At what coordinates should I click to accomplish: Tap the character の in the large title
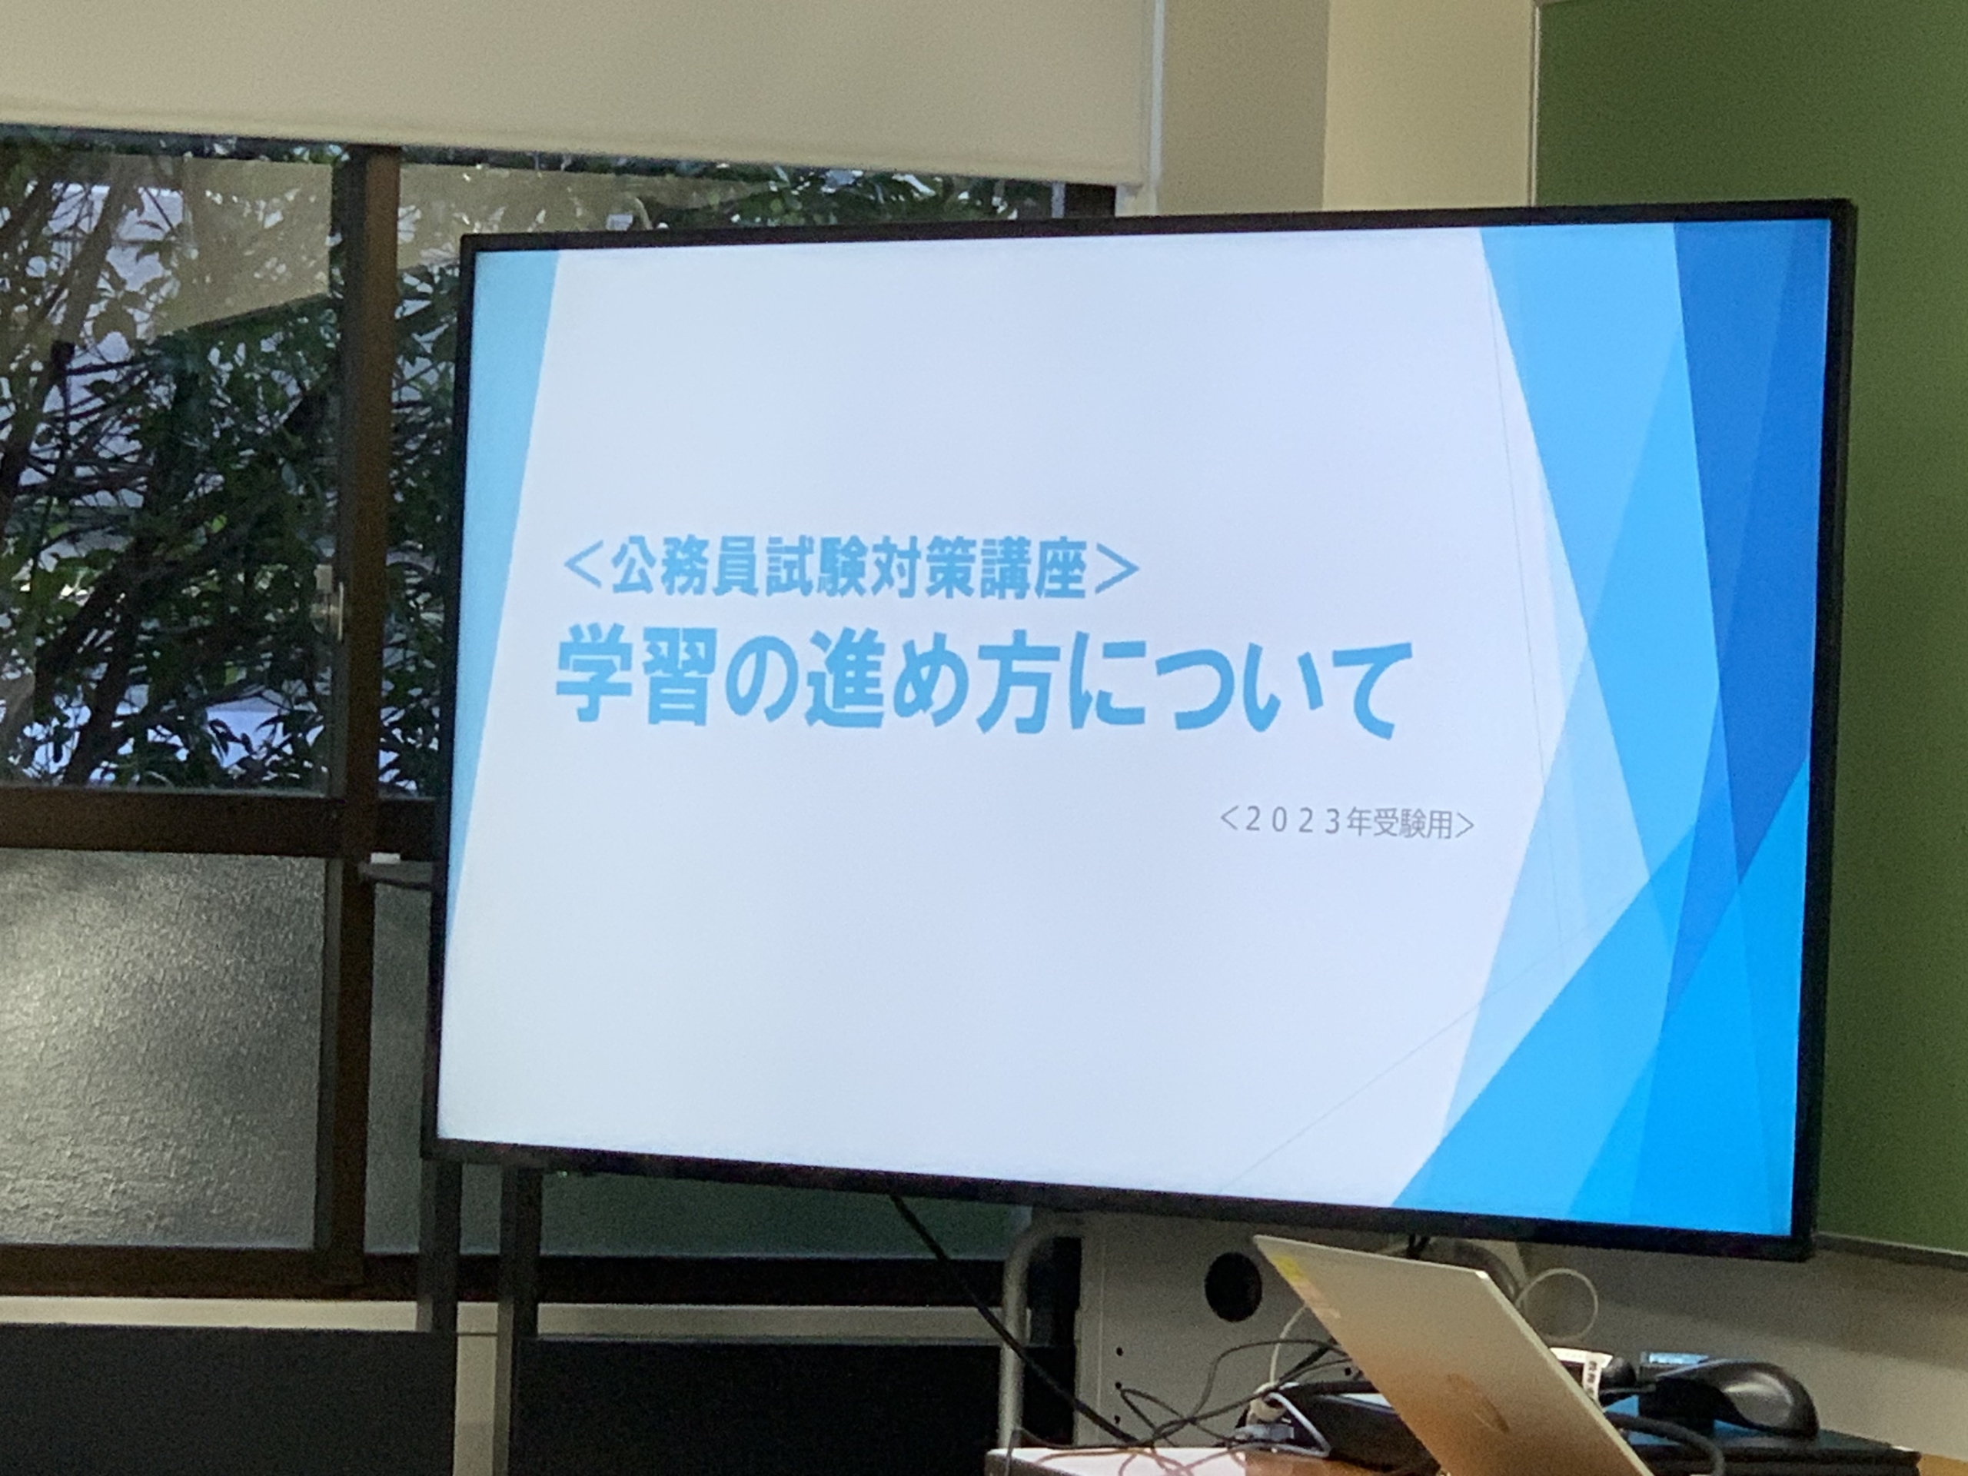pyautogui.click(x=760, y=686)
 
